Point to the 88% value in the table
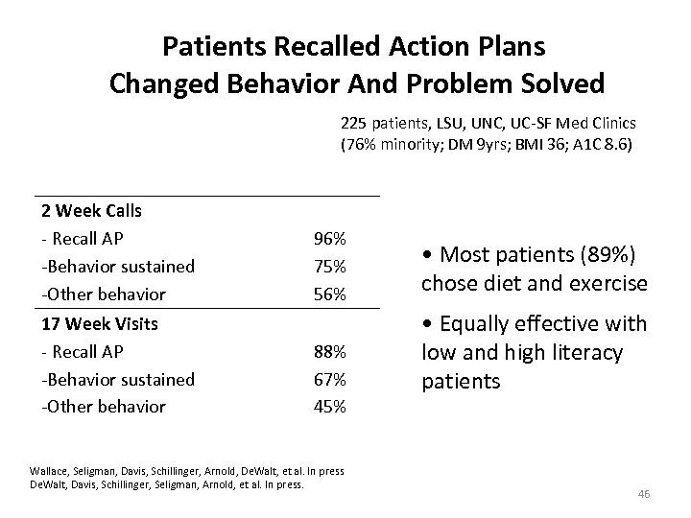(331, 351)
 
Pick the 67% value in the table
(331, 379)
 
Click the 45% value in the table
(331, 407)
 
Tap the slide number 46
(643, 493)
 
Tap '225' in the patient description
(352, 124)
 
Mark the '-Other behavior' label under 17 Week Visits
(103, 407)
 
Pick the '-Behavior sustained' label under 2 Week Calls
(117, 266)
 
